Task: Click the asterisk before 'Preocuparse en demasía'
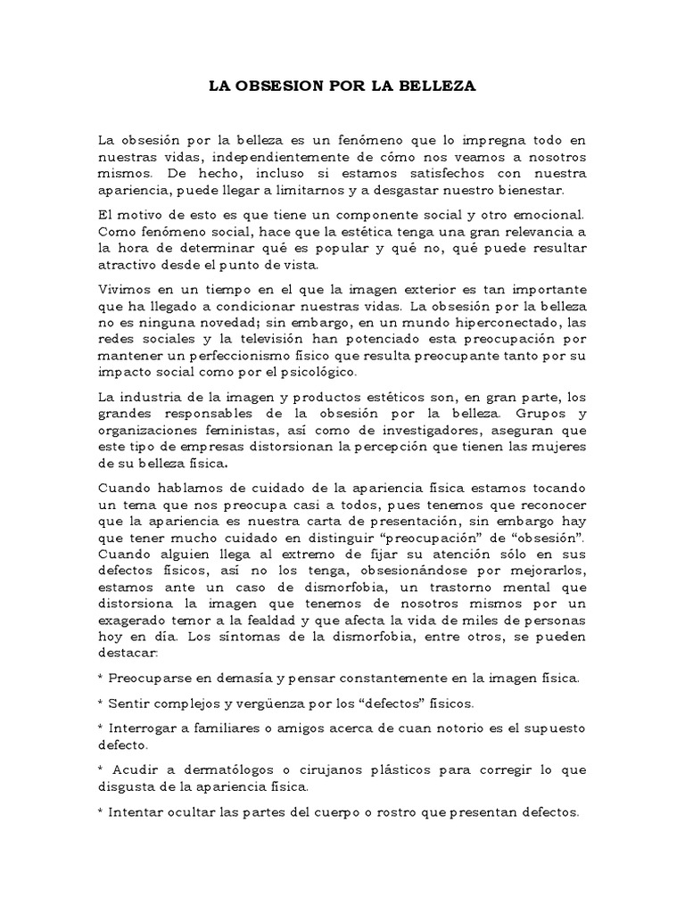coord(102,678)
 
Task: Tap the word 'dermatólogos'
coord(216,769)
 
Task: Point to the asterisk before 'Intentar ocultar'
coord(102,813)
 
